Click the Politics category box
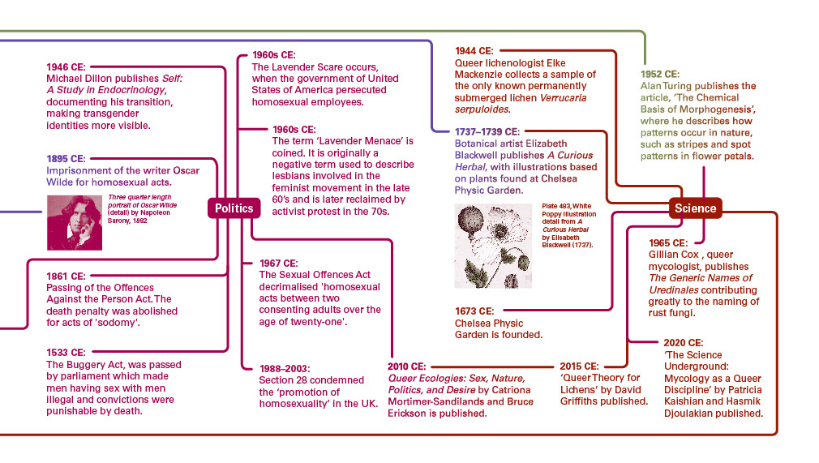(x=234, y=208)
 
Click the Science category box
(x=695, y=208)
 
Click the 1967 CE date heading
(x=279, y=264)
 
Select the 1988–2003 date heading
(x=285, y=368)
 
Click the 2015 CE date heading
(x=579, y=366)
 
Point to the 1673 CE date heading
(x=474, y=311)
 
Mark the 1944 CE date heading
(x=474, y=50)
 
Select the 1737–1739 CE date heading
(x=487, y=131)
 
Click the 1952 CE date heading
(x=660, y=74)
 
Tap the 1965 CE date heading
(x=668, y=242)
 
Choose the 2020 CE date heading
(x=683, y=342)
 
